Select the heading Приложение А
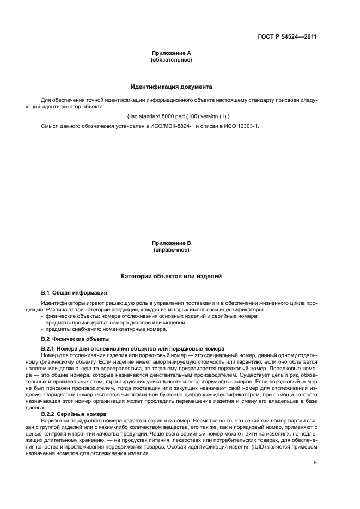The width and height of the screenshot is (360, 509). [171, 53]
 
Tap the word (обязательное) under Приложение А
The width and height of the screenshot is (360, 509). [171, 59]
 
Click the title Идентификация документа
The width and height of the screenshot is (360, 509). [171, 87]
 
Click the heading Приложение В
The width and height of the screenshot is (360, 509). [171, 243]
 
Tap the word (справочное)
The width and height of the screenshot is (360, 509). [171, 249]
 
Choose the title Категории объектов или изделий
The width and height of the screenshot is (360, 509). [171, 277]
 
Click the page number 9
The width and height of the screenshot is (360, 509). [315, 463]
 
